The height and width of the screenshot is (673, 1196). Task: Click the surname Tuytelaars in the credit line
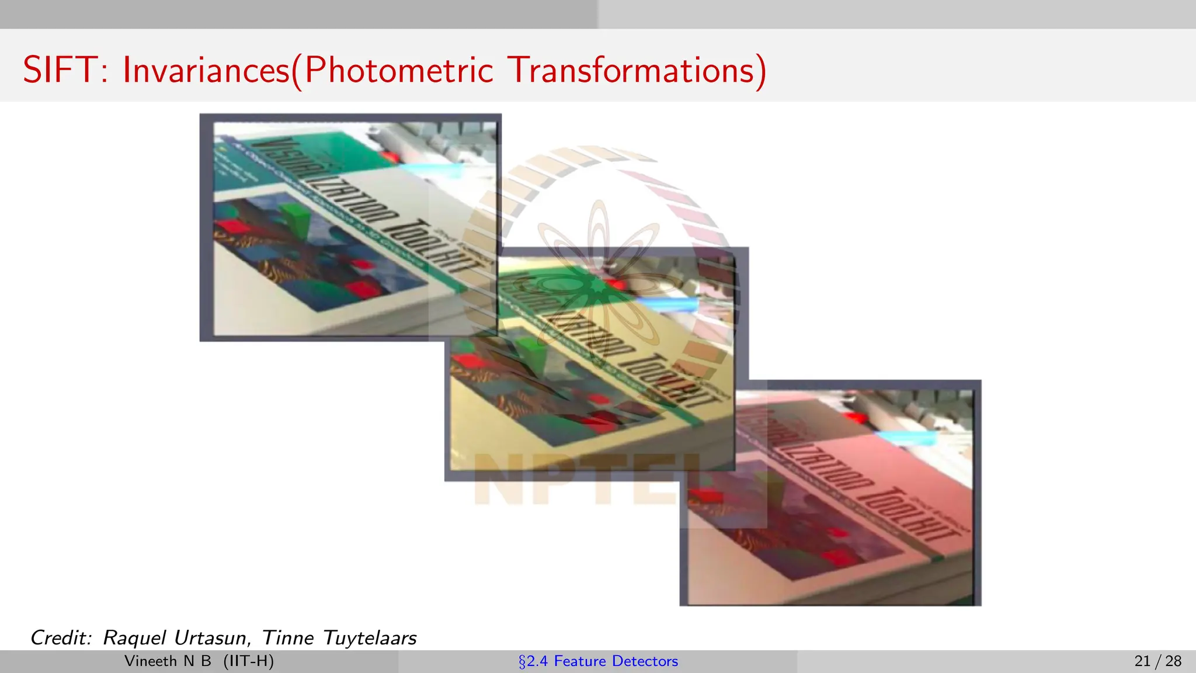pyautogui.click(x=369, y=637)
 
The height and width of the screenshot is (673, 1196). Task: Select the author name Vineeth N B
pyautogui.click(x=168, y=661)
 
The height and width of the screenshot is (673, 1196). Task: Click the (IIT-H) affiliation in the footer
pyautogui.click(x=248, y=661)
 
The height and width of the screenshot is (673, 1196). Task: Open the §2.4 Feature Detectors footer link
pyautogui.click(x=598, y=661)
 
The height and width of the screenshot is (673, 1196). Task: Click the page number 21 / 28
pyautogui.click(x=1157, y=661)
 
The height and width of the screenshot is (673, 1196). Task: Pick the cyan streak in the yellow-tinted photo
pyautogui.click(x=666, y=304)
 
